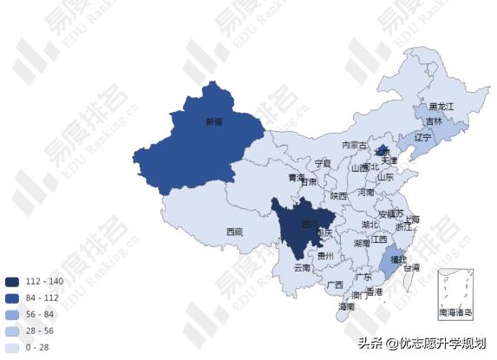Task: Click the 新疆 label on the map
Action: coord(213,122)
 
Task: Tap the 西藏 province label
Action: coord(234,232)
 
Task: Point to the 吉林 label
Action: coord(434,121)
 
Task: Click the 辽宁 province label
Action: coord(422,137)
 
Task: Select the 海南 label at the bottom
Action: coord(347,307)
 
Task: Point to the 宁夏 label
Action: coord(323,163)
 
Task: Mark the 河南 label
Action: coord(367,193)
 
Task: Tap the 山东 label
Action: coord(386,176)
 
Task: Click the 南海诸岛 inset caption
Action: coord(455,311)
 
